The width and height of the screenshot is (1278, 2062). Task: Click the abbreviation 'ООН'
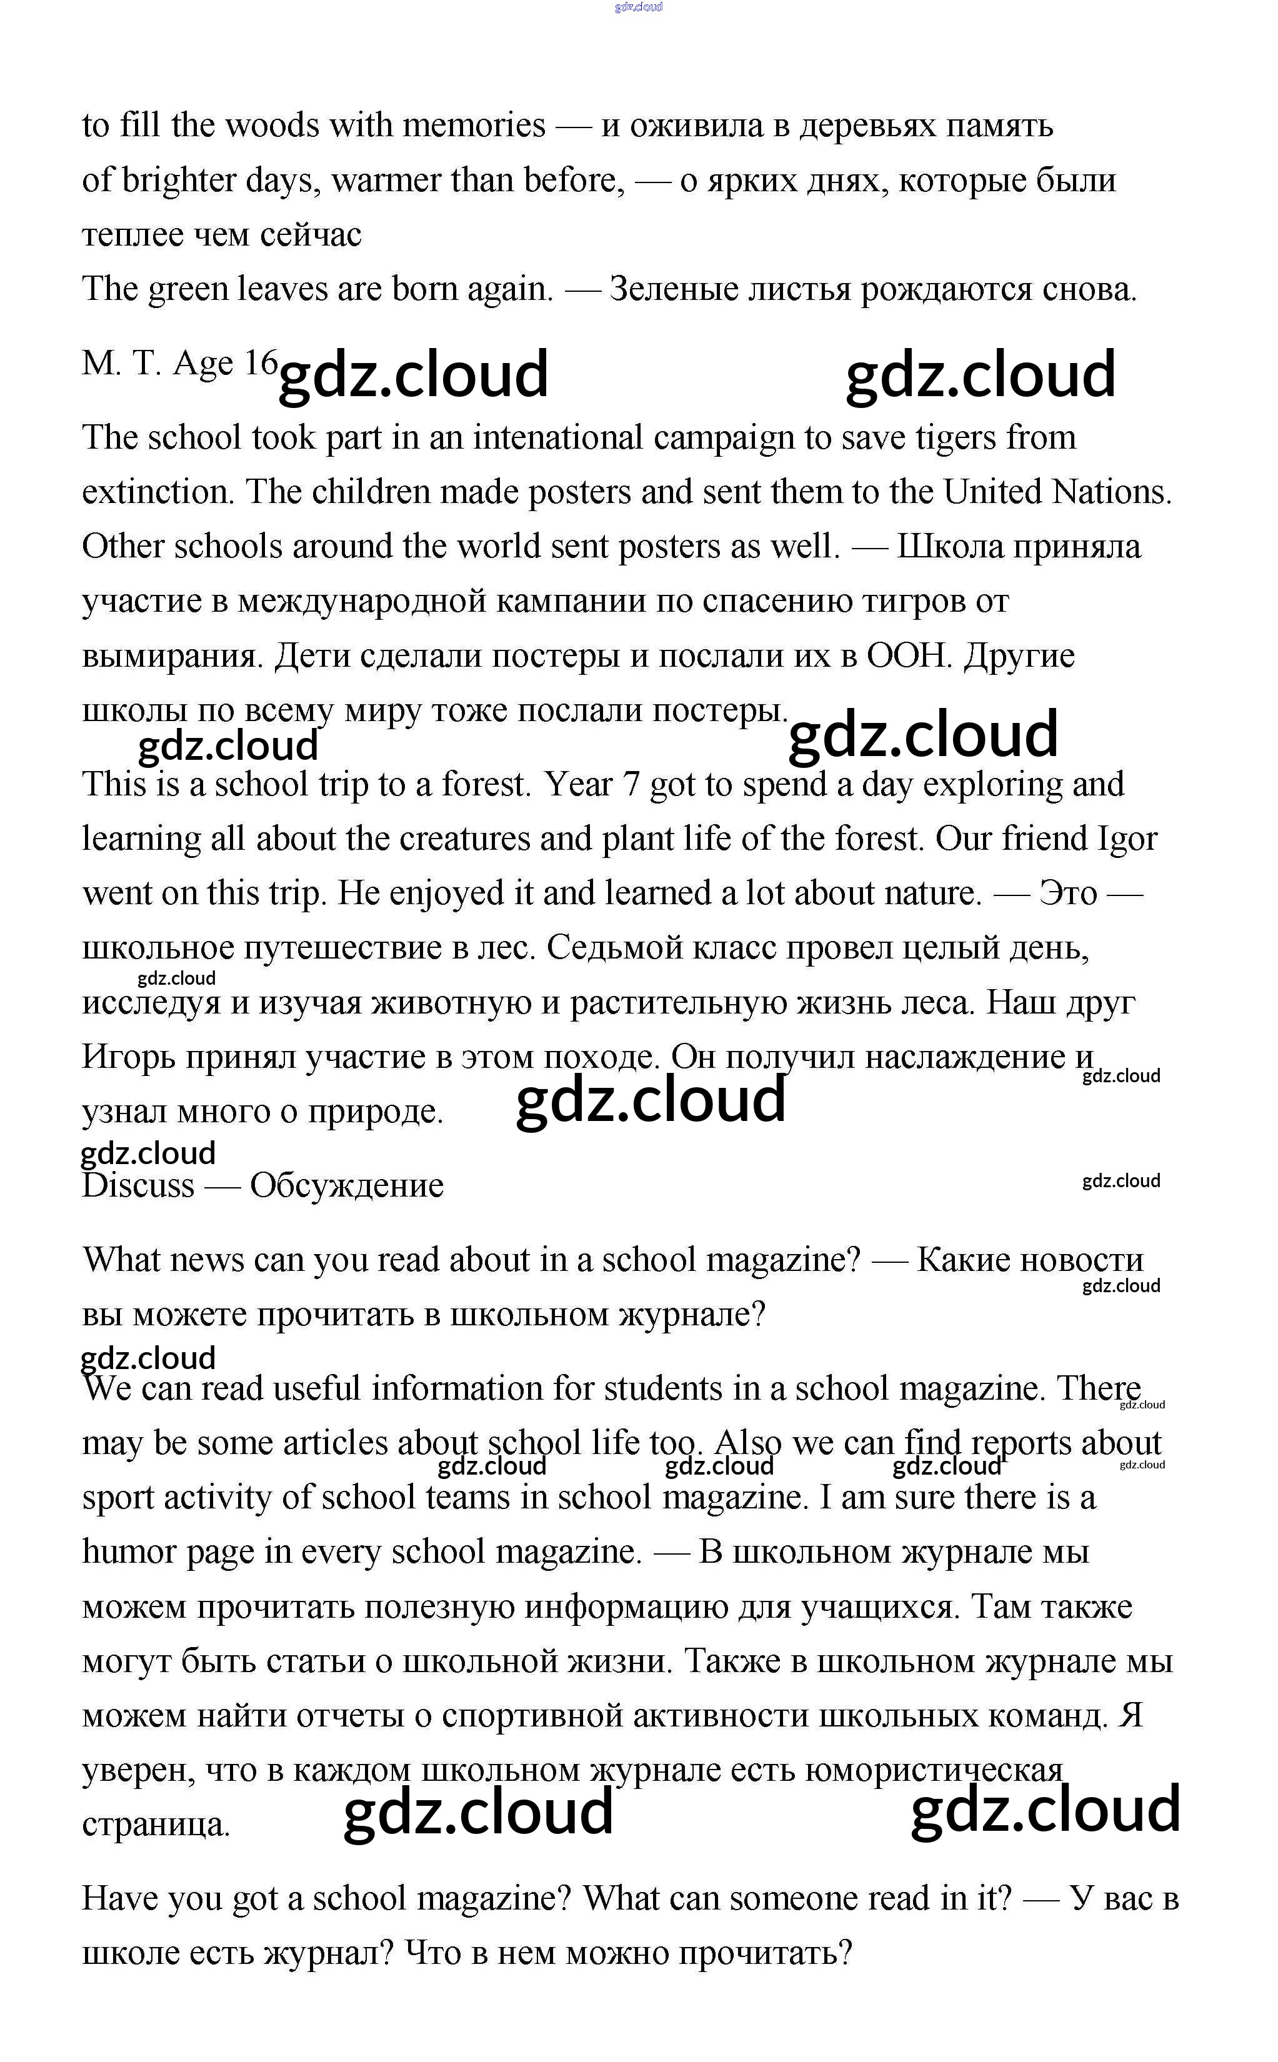pos(909,656)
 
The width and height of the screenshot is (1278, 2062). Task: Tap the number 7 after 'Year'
pos(631,784)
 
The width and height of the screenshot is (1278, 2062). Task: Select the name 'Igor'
pos(1127,839)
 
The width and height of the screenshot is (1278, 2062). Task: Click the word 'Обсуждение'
pos(347,1186)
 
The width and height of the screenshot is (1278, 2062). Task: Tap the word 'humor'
pos(129,1551)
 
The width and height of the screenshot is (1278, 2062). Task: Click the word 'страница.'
pos(156,1825)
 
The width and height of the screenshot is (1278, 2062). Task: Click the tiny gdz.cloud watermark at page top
pos(638,7)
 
